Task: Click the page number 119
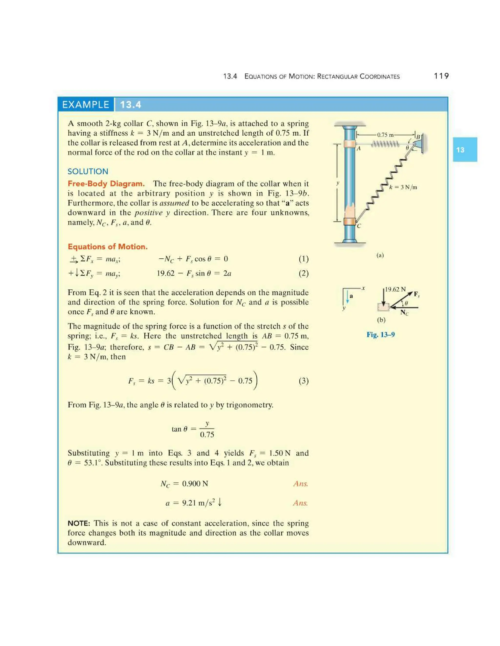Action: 441,76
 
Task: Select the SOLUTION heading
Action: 88,171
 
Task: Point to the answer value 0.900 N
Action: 195,484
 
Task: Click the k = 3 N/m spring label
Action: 403,187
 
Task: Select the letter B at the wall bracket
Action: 418,137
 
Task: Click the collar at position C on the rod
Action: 350,221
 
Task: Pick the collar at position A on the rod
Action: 350,145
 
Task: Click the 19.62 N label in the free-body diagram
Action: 395,289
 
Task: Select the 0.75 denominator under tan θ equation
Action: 207,434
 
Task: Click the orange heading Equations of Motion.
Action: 107,247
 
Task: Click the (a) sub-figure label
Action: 380,255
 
